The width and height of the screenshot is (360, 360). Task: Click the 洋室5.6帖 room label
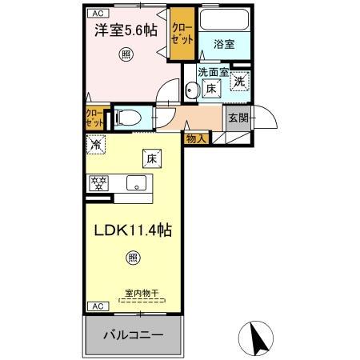[x=126, y=31]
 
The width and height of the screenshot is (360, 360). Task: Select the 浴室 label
[x=223, y=45]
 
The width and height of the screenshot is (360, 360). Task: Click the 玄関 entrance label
[x=238, y=118]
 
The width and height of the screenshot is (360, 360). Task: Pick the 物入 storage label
[x=196, y=138]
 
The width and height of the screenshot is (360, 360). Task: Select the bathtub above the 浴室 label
[x=223, y=20]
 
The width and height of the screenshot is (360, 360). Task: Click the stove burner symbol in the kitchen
[x=98, y=182]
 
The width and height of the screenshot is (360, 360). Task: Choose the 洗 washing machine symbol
[x=240, y=80]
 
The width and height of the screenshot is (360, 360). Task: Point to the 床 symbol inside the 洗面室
[x=211, y=88]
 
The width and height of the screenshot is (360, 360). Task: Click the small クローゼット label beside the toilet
[x=94, y=119]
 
